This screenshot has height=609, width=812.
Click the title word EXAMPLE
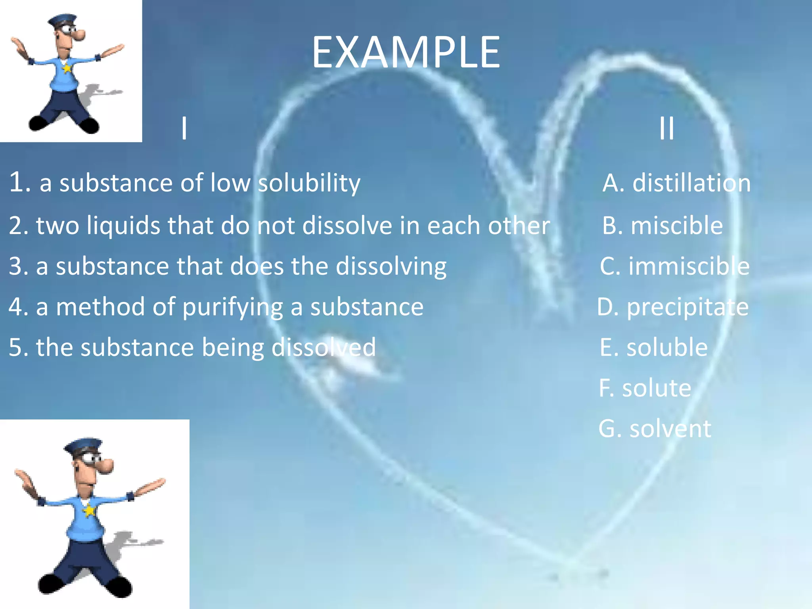(x=406, y=53)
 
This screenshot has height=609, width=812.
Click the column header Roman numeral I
(x=184, y=128)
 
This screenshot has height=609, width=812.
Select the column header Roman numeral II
(x=666, y=128)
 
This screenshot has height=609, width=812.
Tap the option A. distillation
(x=676, y=183)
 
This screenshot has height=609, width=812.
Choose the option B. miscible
(x=663, y=226)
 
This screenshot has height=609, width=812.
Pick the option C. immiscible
(x=674, y=266)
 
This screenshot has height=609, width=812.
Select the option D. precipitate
(x=673, y=307)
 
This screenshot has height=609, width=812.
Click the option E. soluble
(x=653, y=347)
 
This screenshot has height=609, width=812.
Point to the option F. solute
(x=645, y=388)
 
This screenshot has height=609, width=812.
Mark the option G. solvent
(x=655, y=429)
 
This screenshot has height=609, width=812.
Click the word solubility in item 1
(x=309, y=183)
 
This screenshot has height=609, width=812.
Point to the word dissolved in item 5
(x=323, y=347)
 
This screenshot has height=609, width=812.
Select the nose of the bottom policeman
(x=106, y=466)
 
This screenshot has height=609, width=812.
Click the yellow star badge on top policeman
(x=67, y=68)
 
